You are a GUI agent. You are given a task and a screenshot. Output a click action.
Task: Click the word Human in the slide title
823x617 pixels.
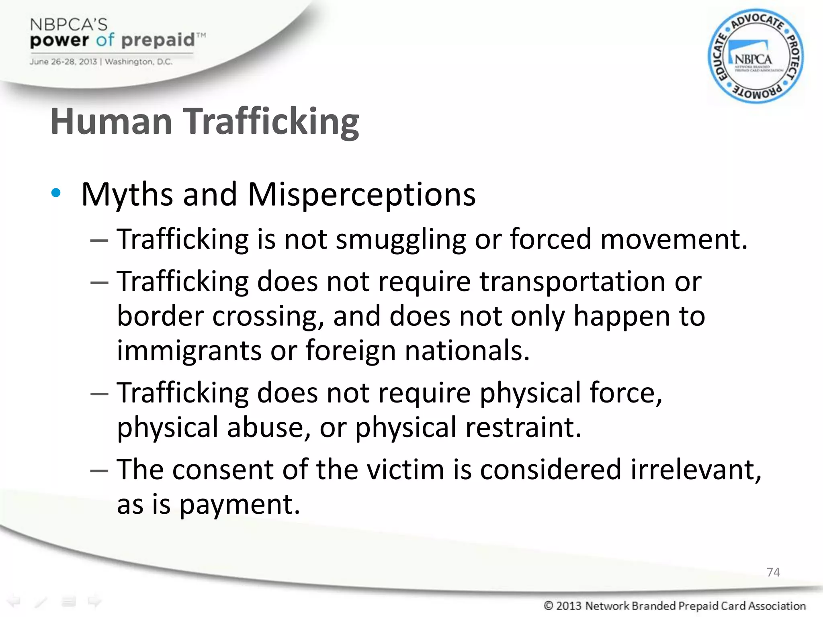[x=111, y=121]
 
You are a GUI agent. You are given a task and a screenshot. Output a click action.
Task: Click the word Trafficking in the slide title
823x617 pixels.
[x=271, y=121]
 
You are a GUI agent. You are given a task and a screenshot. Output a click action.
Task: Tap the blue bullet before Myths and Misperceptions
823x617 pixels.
[x=56, y=193]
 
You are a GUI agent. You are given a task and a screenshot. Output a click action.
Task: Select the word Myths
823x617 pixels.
[x=127, y=195]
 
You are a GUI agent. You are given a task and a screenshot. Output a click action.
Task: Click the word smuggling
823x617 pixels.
[x=401, y=240]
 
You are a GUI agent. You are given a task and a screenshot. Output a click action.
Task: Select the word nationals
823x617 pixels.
[x=467, y=350]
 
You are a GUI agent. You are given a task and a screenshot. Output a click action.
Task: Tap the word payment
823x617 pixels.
[x=240, y=505]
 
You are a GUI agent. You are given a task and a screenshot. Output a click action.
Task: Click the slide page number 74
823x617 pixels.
[x=773, y=572]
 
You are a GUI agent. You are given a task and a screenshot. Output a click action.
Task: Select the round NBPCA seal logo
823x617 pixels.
[x=755, y=56]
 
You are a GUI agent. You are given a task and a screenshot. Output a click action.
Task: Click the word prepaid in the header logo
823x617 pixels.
[x=158, y=41]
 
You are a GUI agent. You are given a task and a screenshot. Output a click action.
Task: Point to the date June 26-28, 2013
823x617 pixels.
[x=63, y=62]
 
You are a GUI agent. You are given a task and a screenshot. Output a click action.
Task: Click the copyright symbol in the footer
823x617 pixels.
[x=548, y=605]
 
